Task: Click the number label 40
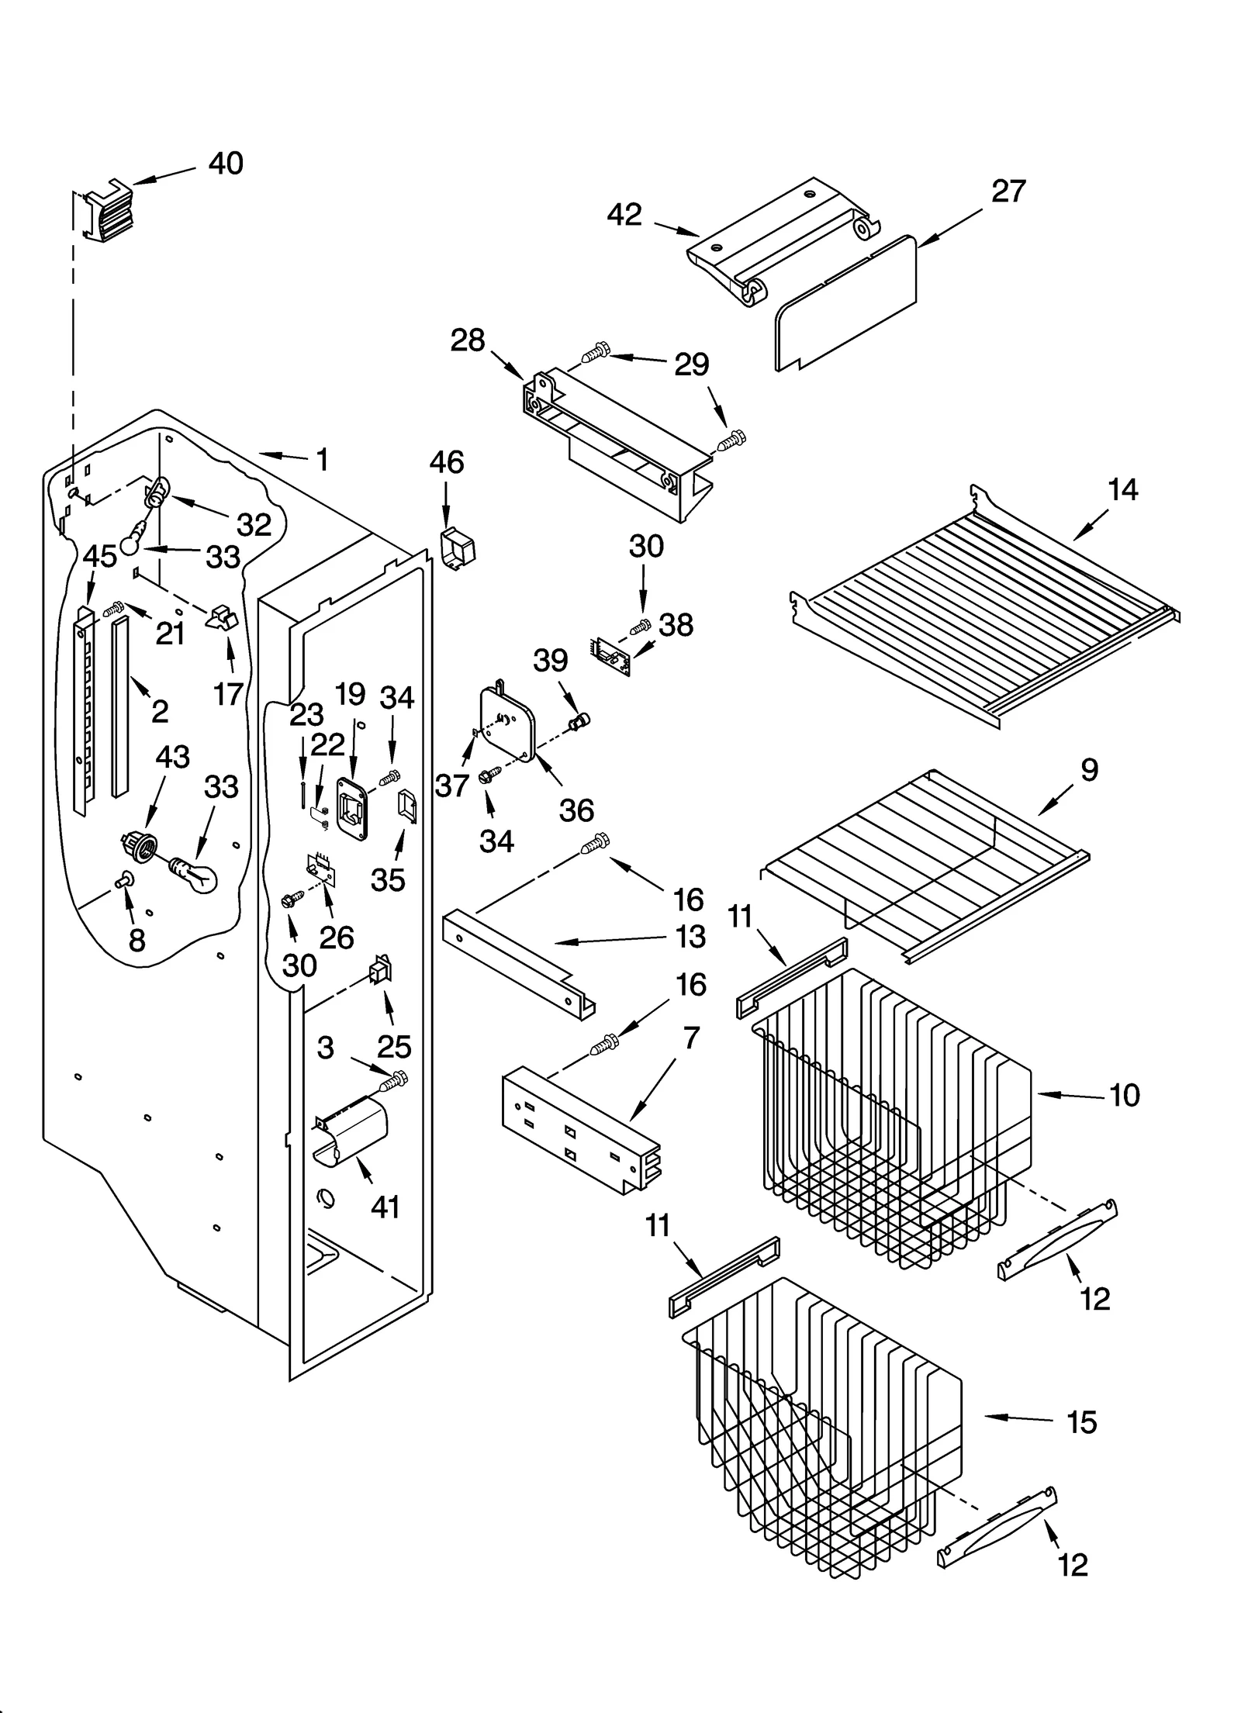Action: coord(226,164)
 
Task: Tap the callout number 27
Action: coord(1008,191)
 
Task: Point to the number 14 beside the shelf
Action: coord(1122,489)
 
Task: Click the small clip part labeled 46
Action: coord(458,548)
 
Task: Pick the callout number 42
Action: coord(624,215)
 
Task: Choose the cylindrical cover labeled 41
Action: coord(353,1135)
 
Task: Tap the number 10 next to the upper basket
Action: coord(1124,1095)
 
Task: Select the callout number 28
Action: coord(468,340)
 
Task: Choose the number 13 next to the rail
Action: coord(690,936)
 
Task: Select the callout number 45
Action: coord(100,556)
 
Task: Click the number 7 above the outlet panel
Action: coord(691,1038)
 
